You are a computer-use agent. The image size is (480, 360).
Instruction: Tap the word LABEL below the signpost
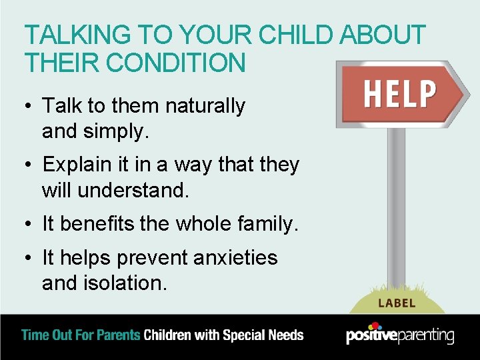(397, 303)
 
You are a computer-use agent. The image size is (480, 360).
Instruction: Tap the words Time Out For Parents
(81, 335)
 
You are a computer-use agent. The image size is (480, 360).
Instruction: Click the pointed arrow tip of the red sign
(463, 94)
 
